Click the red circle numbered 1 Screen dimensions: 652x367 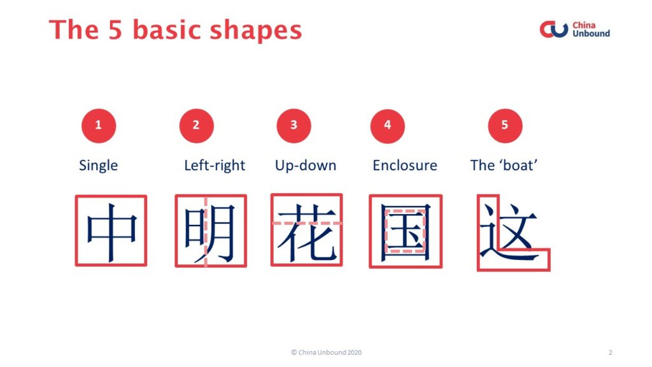(x=99, y=126)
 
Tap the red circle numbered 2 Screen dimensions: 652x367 (x=196, y=126)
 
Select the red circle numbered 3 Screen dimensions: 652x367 (x=294, y=126)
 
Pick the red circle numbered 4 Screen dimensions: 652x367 (x=387, y=126)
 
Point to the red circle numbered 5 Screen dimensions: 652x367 (x=505, y=126)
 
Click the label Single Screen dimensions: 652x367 (x=99, y=166)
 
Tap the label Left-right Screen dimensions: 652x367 (x=215, y=166)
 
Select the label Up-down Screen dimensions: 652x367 (x=306, y=166)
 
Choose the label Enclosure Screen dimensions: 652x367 (x=404, y=166)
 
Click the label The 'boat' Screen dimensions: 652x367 (x=504, y=166)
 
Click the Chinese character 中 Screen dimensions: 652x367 (x=111, y=231)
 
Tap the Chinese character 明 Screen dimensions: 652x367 (x=209, y=232)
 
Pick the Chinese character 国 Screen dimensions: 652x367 (x=406, y=232)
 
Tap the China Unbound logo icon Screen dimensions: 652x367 (x=554, y=29)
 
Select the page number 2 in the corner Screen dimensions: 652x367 (x=611, y=352)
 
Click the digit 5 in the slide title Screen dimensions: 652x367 (x=115, y=31)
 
